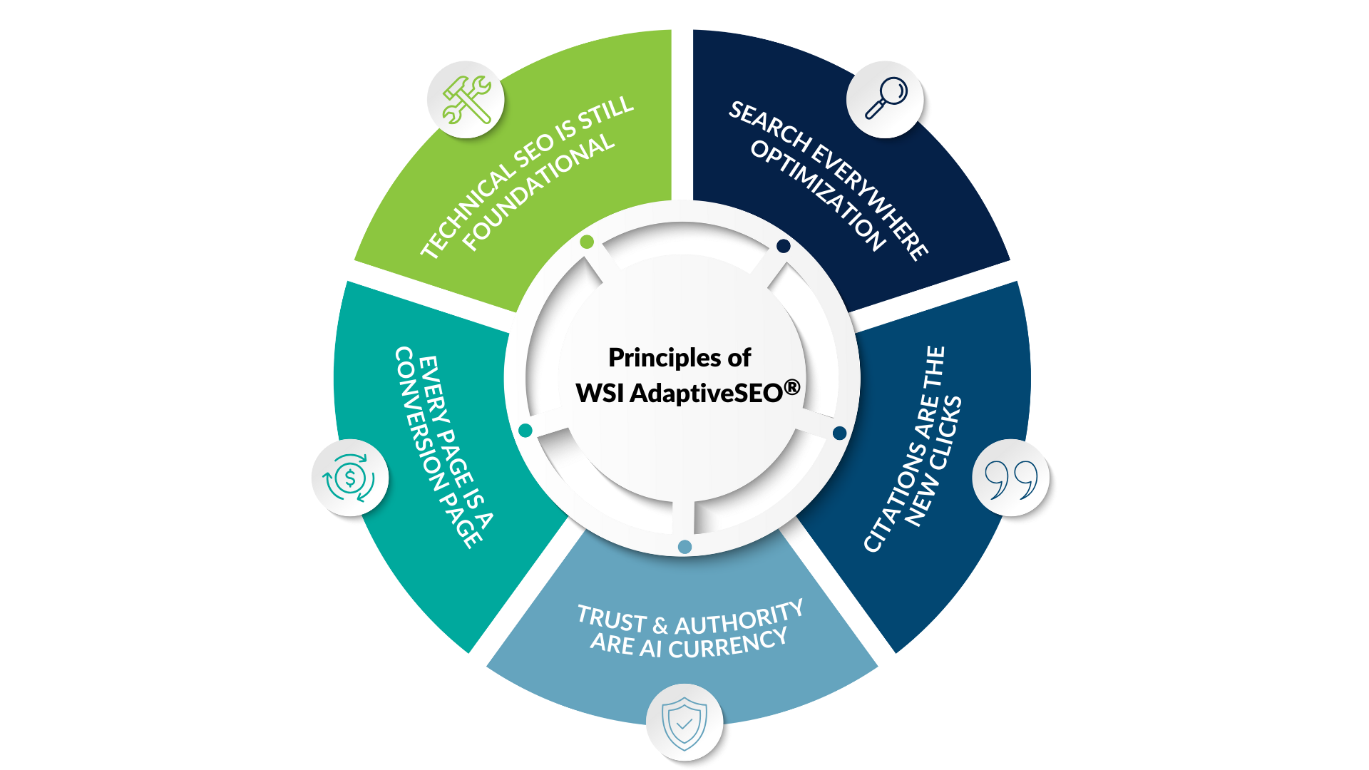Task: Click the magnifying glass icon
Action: tap(886, 98)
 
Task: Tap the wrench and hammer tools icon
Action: tap(466, 100)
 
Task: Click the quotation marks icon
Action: tap(1010, 478)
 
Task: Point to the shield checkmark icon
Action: tap(684, 723)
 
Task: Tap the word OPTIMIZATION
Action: tap(818, 195)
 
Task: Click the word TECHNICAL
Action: tap(467, 210)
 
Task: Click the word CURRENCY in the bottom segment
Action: tap(728, 645)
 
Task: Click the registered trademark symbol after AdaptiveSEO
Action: tap(792, 388)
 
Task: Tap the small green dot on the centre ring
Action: tap(587, 242)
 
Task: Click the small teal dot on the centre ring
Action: tap(525, 431)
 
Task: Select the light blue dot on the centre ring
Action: tap(684, 547)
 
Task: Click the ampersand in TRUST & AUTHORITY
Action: tap(660, 625)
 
